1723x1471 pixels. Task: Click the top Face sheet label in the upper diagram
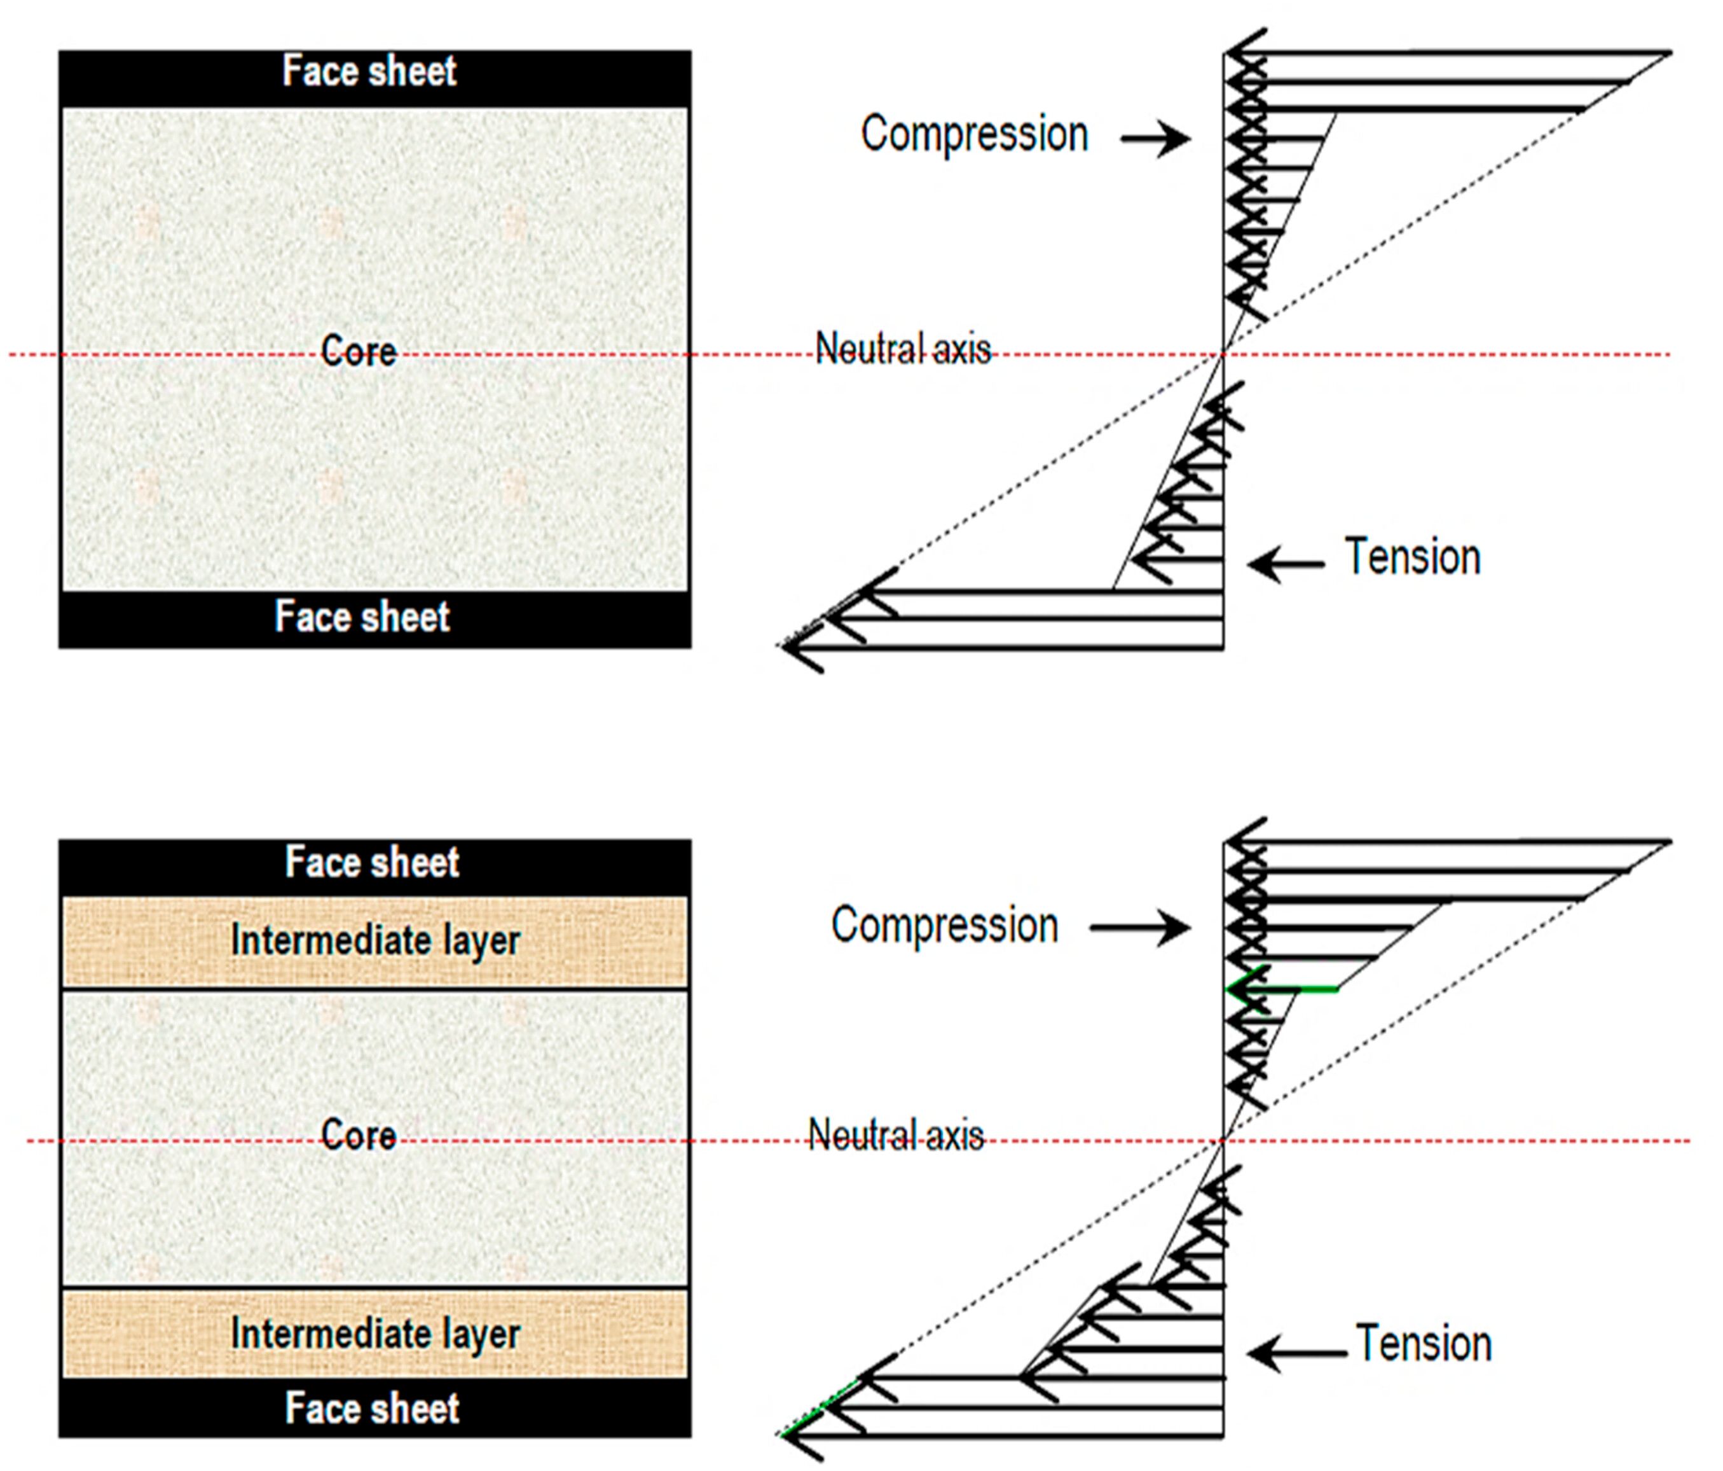click(x=369, y=71)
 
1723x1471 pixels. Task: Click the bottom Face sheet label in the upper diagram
click(x=362, y=617)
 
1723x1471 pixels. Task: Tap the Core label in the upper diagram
click(x=359, y=351)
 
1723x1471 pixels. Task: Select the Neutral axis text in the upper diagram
click(x=903, y=348)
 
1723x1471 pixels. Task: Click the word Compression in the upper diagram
click(x=975, y=134)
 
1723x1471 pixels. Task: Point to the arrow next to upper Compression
click(x=1156, y=138)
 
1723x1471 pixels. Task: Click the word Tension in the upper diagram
click(x=1413, y=557)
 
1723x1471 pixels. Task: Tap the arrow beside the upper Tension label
click(x=1286, y=564)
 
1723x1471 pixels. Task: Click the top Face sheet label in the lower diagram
click(x=372, y=862)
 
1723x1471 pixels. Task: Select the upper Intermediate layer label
click(x=376, y=941)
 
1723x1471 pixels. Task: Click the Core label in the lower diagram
click(x=359, y=1135)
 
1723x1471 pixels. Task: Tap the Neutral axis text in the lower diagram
click(x=896, y=1135)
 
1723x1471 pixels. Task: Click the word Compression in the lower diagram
click(x=945, y=925)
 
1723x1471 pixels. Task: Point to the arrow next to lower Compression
click(x=1141, y=928)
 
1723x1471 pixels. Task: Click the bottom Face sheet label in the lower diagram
click(x=372, y=1409)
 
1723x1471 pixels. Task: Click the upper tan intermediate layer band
click(x=375, y=942)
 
